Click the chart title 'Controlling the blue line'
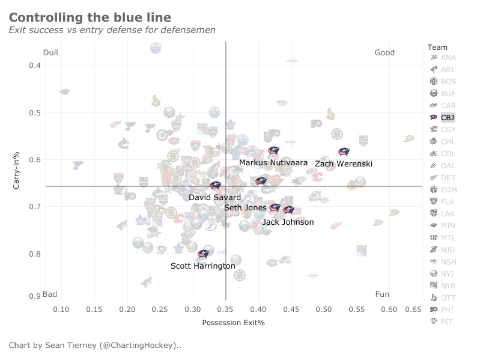(90, 18)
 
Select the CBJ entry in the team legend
(448, 118)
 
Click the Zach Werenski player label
(344, 163)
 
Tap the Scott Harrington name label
(202, 266)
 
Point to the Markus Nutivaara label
(273, 163)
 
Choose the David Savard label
(214, 197)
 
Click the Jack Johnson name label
(288, 222)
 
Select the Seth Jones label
(245, 207)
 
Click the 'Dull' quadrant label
(50, 53)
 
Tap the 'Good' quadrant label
(384, 53)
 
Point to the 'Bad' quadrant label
(50, 294)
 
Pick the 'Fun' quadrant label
(382, 294)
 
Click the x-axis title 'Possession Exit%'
(233, 323)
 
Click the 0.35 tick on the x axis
(225, 309)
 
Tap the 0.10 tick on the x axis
(62, 309)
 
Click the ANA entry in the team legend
(448, 58)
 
